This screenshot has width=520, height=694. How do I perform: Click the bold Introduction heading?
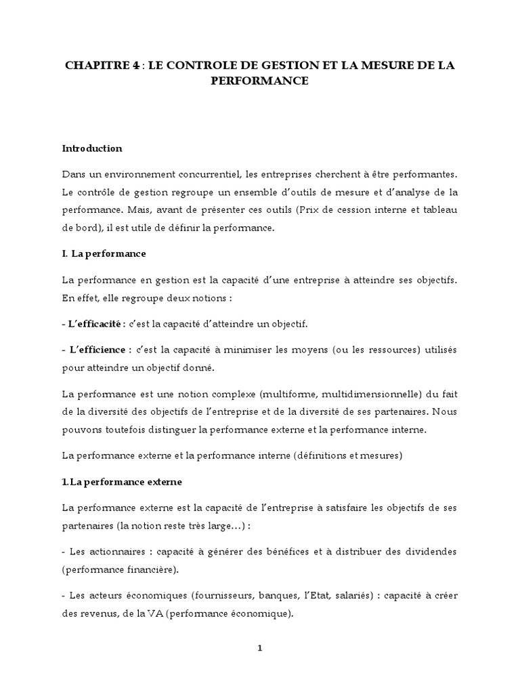(x=92, y=148)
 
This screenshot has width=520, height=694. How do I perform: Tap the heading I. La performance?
(x=104, y=253)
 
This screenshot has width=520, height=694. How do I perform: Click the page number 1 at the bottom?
(x=260, y=649)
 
